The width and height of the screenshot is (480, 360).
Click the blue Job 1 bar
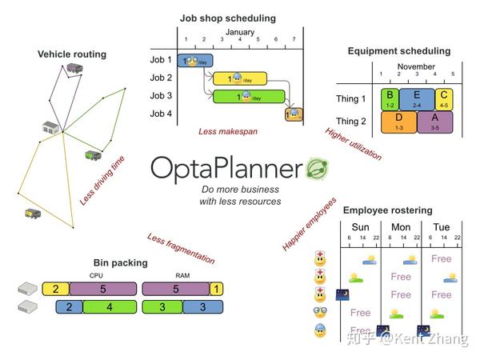pos(194,60)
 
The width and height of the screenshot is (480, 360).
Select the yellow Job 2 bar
pos(239,78)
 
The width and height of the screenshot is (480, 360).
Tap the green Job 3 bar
pos(248,97)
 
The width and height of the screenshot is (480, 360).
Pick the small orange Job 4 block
pos(294,115)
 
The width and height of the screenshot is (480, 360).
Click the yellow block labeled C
pos(445,99)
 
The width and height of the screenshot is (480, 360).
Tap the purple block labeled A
pos(435,122)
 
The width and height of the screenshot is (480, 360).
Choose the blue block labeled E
pos(416,99)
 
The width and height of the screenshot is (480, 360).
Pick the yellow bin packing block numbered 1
pos(218,290)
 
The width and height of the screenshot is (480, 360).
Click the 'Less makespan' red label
pos(228,130)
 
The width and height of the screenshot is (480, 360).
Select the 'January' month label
pos(239,32)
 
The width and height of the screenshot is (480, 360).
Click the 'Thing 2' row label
pos(351,122)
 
